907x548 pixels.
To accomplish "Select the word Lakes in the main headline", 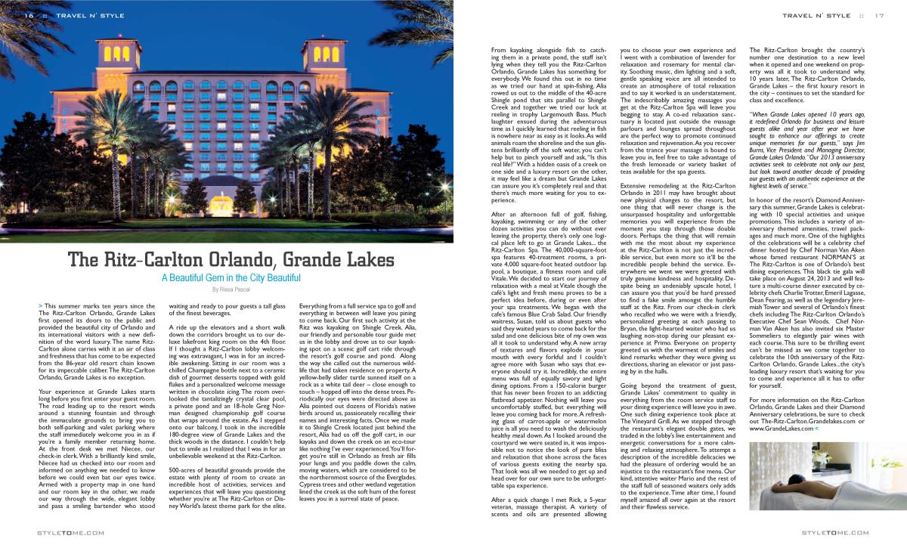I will pos(370,261).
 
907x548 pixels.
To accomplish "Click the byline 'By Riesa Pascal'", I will pos(231,289).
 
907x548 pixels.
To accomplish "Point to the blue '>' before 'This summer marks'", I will pos(39,304).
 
